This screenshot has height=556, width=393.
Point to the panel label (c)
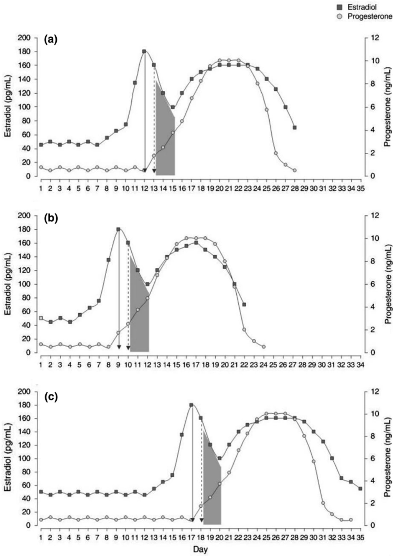[x=51, y=397]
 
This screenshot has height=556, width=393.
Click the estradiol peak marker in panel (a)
[x=144, y=51]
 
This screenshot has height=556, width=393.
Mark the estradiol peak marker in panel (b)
[x=119, y=229]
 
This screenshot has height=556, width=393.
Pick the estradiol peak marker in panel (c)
[x=191, y=405]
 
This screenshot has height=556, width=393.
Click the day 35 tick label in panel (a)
[x=361, y=188]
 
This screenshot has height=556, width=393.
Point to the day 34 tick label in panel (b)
[x=360, y=364]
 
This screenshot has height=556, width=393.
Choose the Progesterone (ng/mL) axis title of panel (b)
[x=388, y=284]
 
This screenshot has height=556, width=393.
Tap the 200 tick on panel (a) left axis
[x=24, y=38]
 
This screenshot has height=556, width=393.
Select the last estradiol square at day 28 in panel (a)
[x=295, y=128]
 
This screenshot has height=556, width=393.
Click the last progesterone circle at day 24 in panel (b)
[x=264, y=347]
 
